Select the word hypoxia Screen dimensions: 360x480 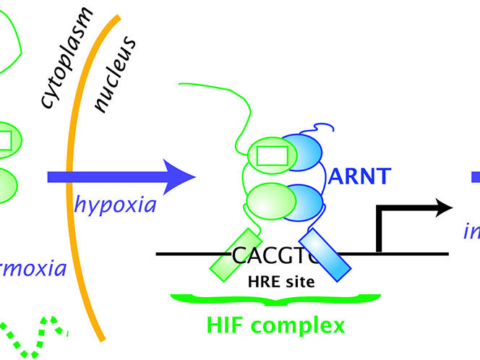tap(116, 205)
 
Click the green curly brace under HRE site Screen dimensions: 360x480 tap(275, 298)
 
